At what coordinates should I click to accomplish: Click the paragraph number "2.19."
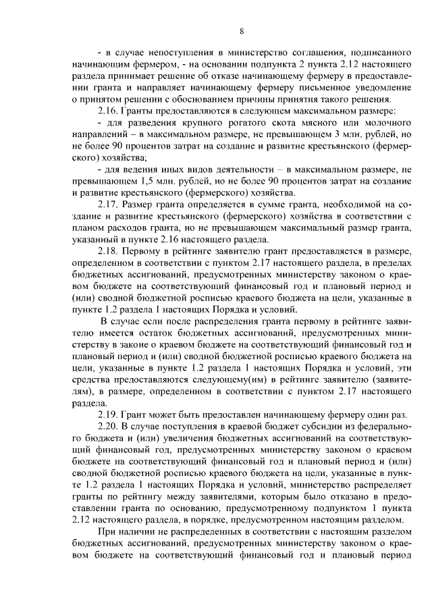[x=109, y=413]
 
